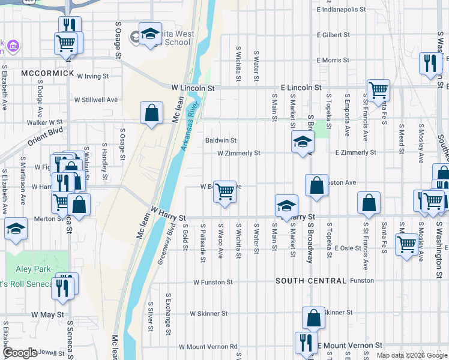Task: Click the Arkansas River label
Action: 188,130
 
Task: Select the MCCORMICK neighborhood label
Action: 47,73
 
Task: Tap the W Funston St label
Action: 212,281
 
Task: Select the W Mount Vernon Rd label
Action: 208,346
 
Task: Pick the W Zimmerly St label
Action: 238,153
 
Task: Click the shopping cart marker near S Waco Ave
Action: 224,192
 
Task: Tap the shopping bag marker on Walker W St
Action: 151,113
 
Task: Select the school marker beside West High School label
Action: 150,34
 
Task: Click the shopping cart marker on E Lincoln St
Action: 378,91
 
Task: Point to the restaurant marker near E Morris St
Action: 430,64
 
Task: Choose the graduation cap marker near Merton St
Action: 15,229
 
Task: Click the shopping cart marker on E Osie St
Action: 407,244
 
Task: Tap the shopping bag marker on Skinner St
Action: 313,318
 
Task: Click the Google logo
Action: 19,353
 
